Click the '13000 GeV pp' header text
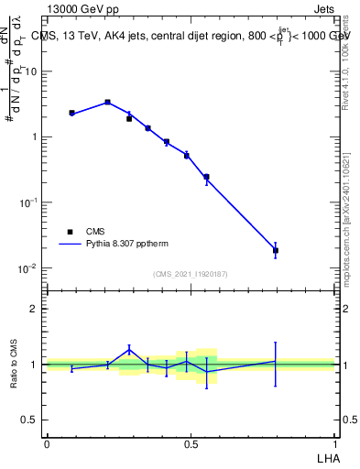(82, 9)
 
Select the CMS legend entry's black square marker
(70, 232)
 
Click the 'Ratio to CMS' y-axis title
(14, 364)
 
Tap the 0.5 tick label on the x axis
(191, 442)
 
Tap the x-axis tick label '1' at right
(335, 442)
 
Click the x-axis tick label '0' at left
(47, 442)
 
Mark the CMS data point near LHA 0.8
(275, 250)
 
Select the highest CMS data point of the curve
(107, 103)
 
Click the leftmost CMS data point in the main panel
(71, 113)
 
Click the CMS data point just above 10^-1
(206, 177)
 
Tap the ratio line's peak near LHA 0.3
(129, 348)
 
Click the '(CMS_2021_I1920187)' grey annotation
(191, 274)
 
